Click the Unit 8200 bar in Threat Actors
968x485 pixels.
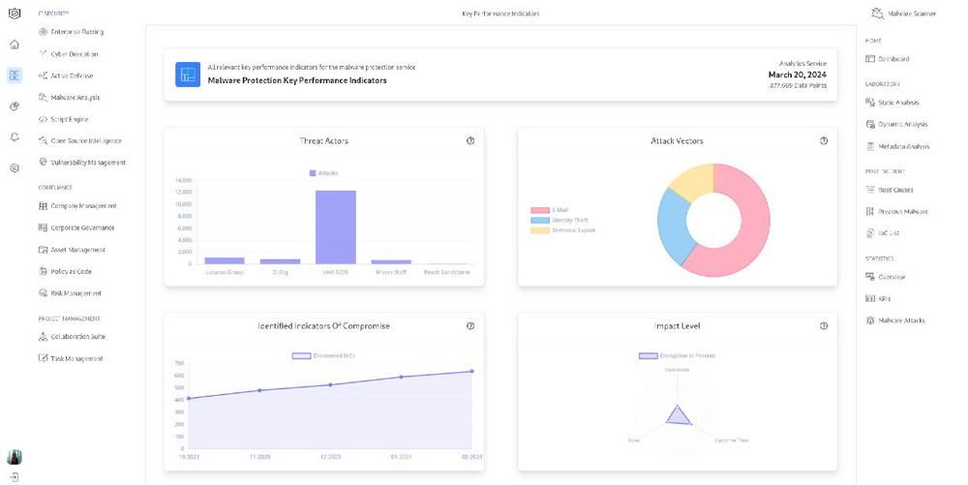(335, 227)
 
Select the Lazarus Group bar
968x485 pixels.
(225, 260)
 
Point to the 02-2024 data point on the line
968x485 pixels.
(471, 371)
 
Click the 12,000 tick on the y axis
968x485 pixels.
(183, 192)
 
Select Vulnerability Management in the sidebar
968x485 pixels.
(87, 163)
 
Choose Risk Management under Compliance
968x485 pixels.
(76, 293)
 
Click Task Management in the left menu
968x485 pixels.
(76, 358)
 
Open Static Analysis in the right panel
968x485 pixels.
(898, 103)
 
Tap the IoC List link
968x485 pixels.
(889, 233)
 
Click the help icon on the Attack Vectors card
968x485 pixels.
(824, 141)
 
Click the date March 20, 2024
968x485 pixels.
(797, 75)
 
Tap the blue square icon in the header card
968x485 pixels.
(188, 75)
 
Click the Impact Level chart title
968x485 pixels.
(677, 326)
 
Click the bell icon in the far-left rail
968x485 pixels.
(15, 136)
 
